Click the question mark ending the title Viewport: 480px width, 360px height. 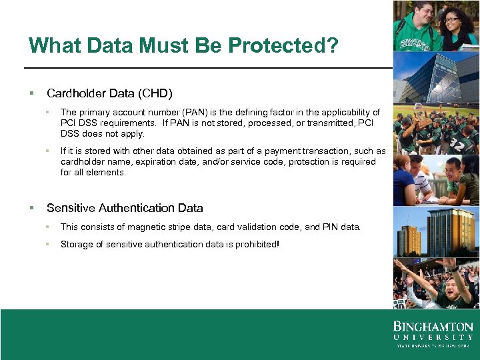pyautogui.click(x=332, y=45)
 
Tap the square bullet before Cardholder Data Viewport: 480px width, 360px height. pyautogui.click(x=31, y=93)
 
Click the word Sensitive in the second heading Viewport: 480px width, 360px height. pyautogui.click(x=69, y=208)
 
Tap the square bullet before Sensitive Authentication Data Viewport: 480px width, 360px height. pyautogui.click(x=31, y=208)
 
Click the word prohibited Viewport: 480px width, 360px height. pyautogui.click(x=255, y=245)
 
